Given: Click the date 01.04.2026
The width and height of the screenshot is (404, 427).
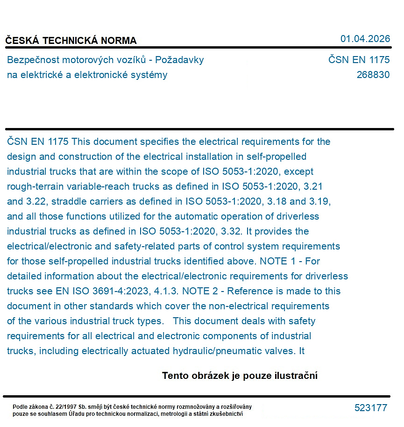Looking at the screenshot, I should (x=365, y=39).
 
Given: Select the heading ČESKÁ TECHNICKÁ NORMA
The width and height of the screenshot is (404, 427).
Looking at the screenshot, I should (x=71, y=41).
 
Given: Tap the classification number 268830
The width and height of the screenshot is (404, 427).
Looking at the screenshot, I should (x=373, y=75).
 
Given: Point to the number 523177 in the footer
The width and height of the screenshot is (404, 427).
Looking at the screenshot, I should (x=371, y=408).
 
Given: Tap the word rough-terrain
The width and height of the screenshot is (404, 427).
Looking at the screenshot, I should (x=35, y=186).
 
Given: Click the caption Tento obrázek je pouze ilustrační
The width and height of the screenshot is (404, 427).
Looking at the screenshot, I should (x=240, y=376).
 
